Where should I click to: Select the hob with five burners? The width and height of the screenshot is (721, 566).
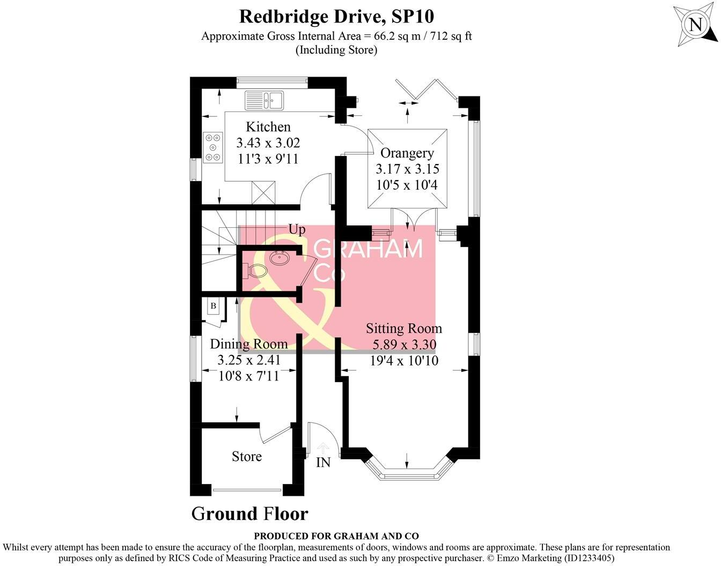pyautogui.click(x=213, y=146)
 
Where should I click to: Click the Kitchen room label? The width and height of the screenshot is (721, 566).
pyautogui.click(x=268, y=127)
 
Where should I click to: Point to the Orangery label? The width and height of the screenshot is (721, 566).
pyautogui.click(x=407, y=153)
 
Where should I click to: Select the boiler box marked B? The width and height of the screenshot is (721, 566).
pyautogui.click(x=213, y=306)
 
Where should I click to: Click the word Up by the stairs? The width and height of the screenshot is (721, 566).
pyautogui.click(x=297, y=230)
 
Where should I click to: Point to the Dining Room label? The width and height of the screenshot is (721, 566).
pyautogui.click(x=248, y=344)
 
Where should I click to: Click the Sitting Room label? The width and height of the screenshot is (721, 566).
pyautogui.click(x=404, y=329)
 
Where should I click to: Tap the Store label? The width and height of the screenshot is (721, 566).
pyautogui.click(x=247, y=457)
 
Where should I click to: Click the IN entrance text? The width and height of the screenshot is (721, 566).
pyautogui.click(x=323, y=463)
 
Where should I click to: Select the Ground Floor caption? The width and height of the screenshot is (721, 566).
pyautogui.click(x=249, y=514)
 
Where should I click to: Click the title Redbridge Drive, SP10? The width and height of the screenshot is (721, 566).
pyautogui.click(x=336, y=16)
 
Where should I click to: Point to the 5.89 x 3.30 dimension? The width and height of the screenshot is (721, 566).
pyautogui.click(x=404, y=345)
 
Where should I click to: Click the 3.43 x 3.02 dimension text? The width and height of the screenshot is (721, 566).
pyautogui.click(x=268, y=143)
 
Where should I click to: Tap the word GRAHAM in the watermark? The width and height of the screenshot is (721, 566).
pyautogui.click(x=368, y=249)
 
